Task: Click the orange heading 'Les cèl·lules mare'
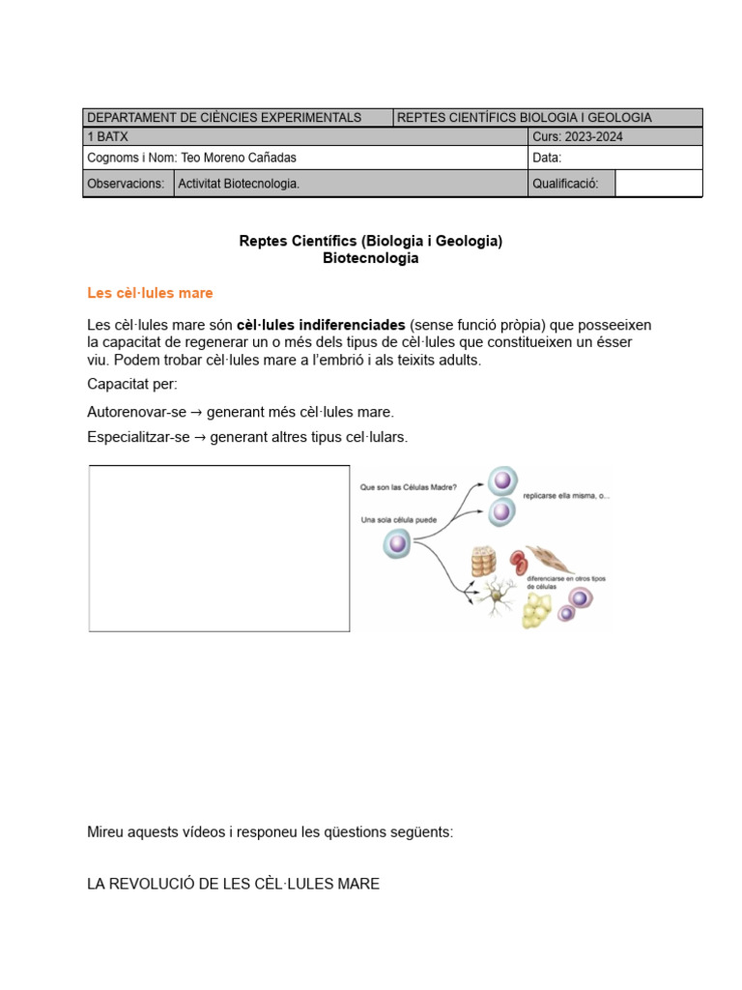[x=150, y=293]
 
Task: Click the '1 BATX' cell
[x=107, y=136]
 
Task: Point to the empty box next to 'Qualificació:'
[x=658, y=184]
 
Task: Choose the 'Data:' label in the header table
[x=547, y=158]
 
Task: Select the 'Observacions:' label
[x=126, y=184]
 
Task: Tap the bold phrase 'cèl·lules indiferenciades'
[x=321, y=325]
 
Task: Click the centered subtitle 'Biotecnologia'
[x=371, y=259]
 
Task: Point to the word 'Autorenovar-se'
[x=136, y=412]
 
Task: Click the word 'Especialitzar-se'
[x=137, y=437]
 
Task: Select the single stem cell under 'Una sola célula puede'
[x=396, y=544]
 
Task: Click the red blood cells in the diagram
[x=520, y=561]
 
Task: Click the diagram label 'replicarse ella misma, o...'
[x=565, y=496]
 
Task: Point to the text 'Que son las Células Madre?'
[x=408, y=487]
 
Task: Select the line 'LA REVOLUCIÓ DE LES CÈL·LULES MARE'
[x=233, y=884]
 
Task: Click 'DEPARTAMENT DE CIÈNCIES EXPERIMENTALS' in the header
[x=224, y=117]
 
